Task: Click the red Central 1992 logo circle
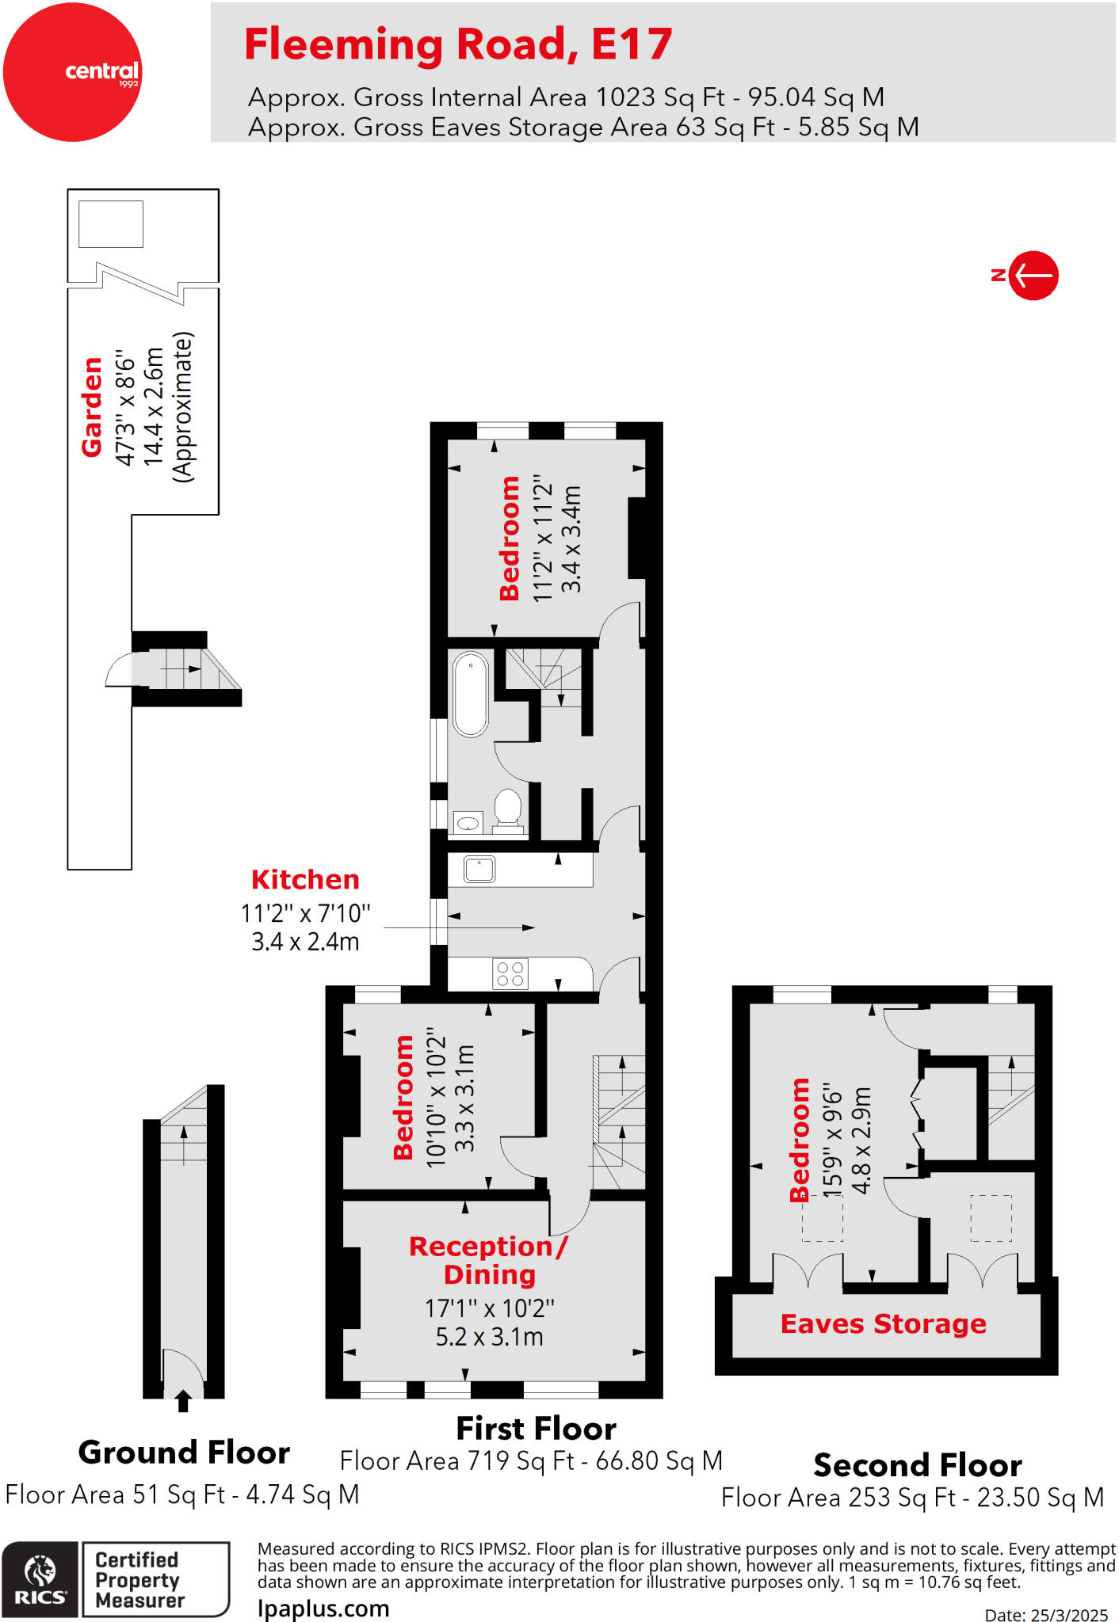point(72,72)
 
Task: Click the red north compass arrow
point(1033,276)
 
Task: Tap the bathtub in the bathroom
point(471,695)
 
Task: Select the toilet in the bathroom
point(507,809)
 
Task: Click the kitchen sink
point(479,869)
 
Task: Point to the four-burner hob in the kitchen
point(510,974)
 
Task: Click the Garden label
point(93,406)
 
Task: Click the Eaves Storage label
point(883,1323)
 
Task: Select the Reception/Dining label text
point(489,1260)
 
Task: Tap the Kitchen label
point(305,879)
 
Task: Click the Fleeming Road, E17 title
point(458,44)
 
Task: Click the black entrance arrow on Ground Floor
point(183,1401)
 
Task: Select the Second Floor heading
point(917,1465)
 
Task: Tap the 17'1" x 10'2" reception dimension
point(489,1308)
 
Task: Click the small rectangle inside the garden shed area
point(111,224)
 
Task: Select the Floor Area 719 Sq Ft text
point(531,1460)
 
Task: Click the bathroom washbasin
point(468,823)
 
